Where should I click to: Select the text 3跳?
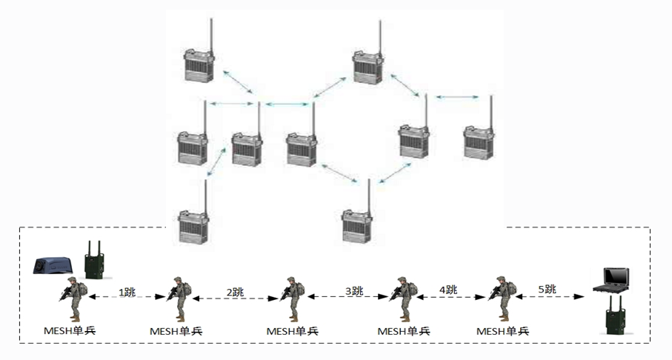[353, 290]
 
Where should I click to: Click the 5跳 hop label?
[548, 288]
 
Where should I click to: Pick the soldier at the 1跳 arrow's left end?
[72, 299]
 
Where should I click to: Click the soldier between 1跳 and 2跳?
[179, 299]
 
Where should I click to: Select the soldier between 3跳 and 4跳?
[404, 299]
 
